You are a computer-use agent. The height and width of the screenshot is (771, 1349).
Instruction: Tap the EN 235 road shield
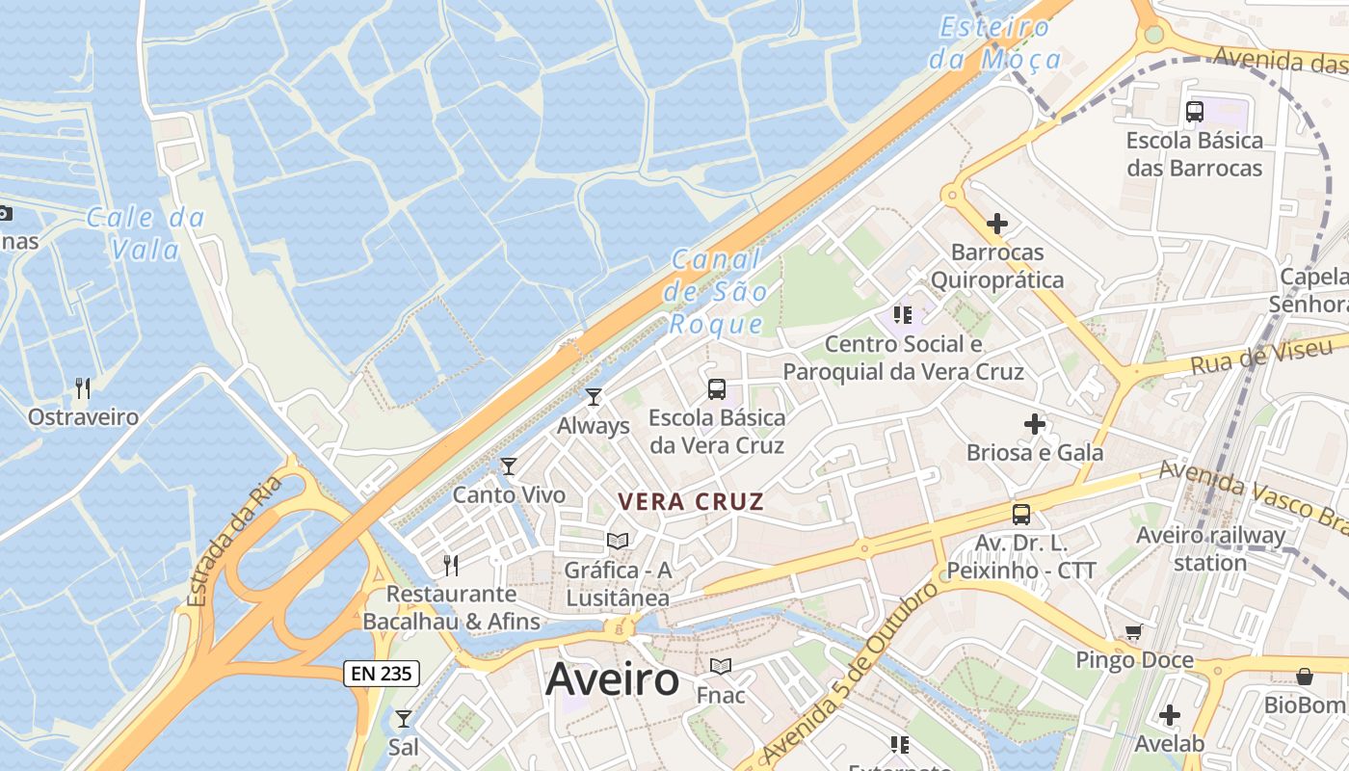pyautogui.click(x=382, y=674)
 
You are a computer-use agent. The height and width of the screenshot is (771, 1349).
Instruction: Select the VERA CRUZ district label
pyautogui.click(x=691, y=502)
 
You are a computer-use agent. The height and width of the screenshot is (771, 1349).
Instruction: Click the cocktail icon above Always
pyautogui.click(x=594, y=396)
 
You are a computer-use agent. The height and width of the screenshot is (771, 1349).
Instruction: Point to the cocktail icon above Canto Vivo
pyautogui.click(x=509, y=466)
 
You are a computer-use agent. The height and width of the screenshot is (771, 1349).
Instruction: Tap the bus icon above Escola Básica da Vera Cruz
pyautogui.click(x=717, y=389)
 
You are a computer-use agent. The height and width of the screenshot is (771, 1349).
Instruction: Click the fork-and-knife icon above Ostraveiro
pyautogui.click(x=83, y=388)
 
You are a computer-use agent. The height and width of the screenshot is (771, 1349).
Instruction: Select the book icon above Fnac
pyautogui.click(x=721, y=666)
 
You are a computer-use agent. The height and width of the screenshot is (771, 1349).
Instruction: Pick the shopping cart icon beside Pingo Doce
pyautogui.click(x=1134, y=632)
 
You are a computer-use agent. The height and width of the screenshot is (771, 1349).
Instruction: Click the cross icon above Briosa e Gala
pyautogui.click(x=1035, y=424)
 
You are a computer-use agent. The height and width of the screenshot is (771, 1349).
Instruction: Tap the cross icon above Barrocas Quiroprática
pyautogui.click(x=997, y=225)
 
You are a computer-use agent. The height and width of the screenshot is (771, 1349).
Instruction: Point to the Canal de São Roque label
pyautogui.click(x=719, y=292)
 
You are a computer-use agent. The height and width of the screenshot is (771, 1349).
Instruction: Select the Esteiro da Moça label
pyautogui.click(x=995, y=43)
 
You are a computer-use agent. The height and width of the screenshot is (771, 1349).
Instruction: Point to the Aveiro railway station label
pyautogui.click(x=1210, y=548)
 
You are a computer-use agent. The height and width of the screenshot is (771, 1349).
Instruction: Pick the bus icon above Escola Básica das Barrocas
pyautogui.click(x=1195, y=112)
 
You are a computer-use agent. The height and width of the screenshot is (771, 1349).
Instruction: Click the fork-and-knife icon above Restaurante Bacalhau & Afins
pyautogui.click(x=450, y=565)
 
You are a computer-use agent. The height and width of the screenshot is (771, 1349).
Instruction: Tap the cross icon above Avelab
pyautogui.click(x=1170, y=715)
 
